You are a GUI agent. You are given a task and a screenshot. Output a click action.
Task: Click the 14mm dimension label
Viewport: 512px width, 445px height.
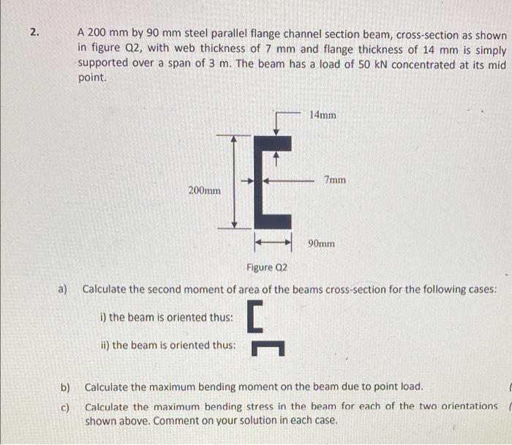point(323,115)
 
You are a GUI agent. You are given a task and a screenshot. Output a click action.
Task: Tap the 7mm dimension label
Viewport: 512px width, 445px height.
point(335,179)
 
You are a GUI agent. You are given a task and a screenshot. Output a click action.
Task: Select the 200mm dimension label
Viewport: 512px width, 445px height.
point(205,190)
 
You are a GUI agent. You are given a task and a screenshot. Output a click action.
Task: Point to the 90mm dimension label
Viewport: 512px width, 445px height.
point(322,243)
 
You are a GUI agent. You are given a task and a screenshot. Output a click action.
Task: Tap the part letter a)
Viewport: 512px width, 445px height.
point(64,289)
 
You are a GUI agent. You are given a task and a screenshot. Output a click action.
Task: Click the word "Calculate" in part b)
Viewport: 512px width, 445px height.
point(110,386)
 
